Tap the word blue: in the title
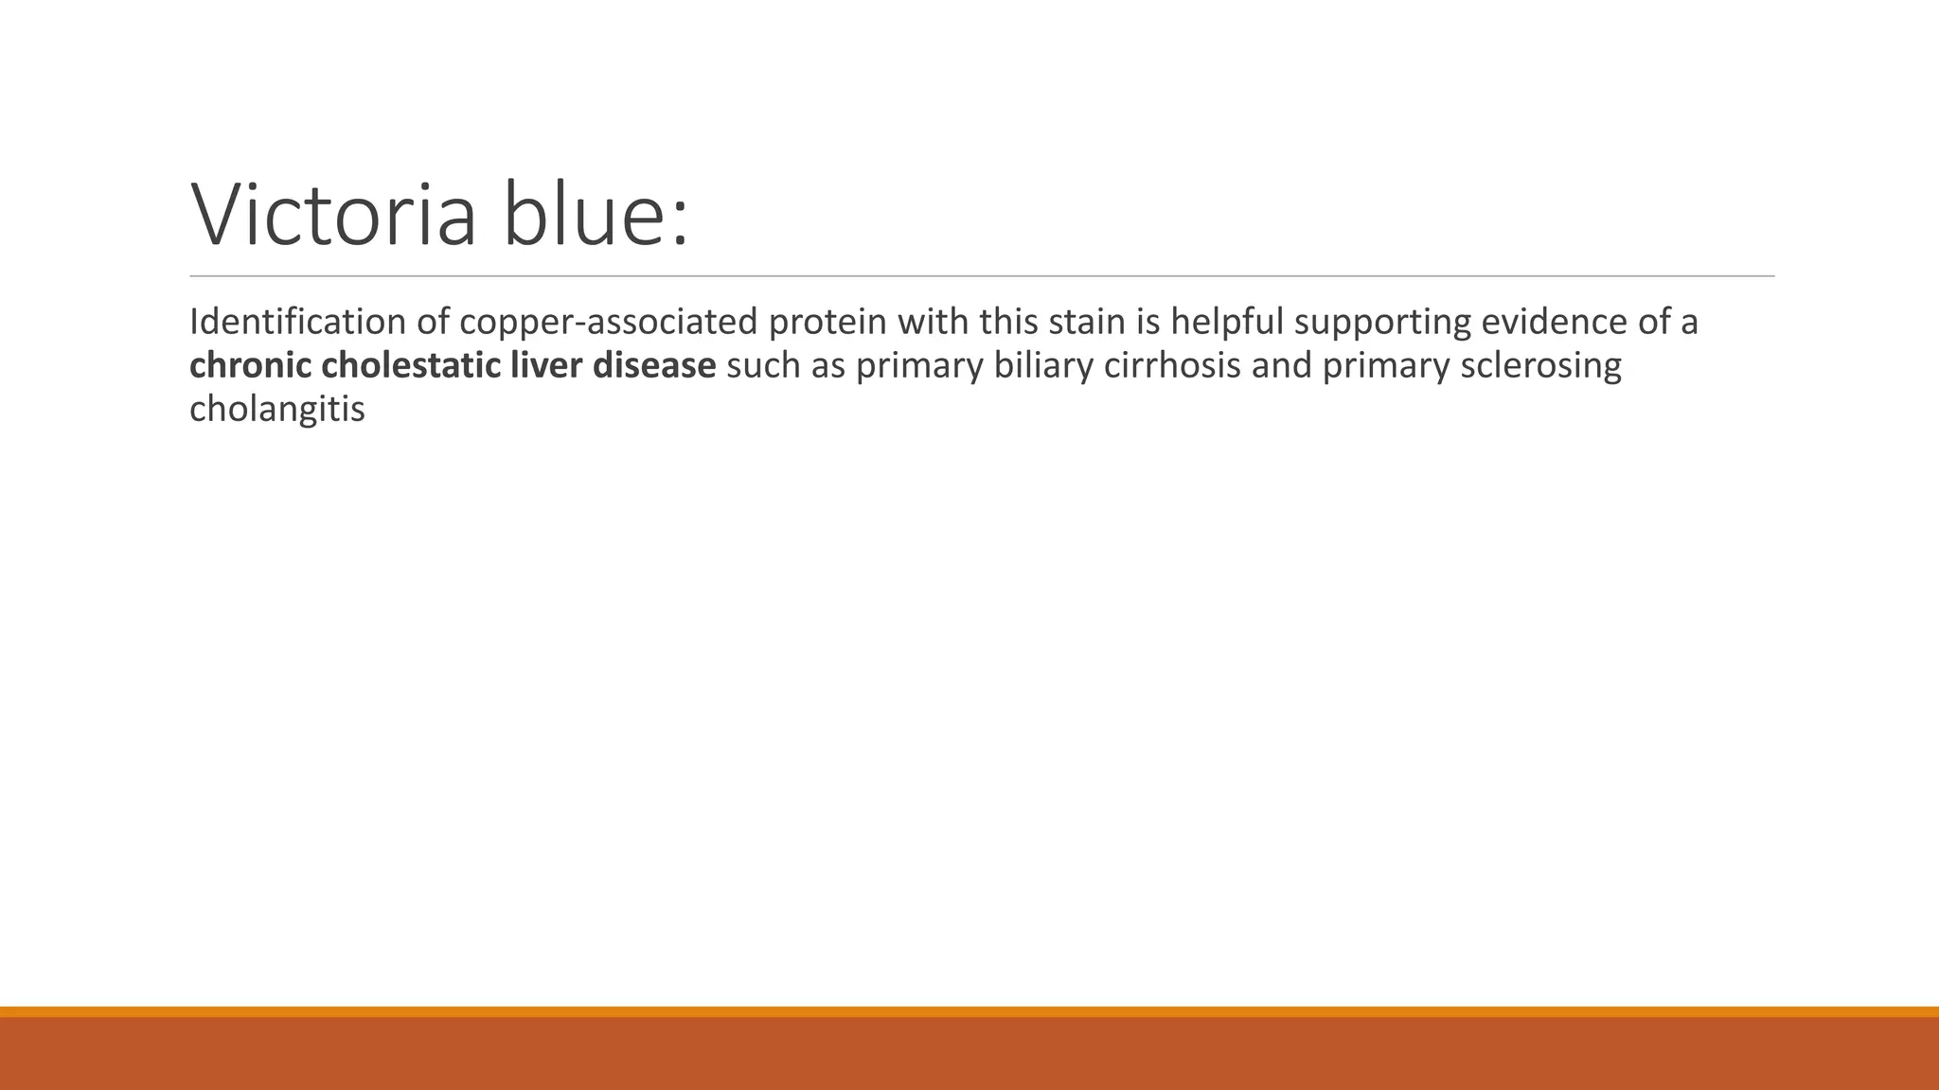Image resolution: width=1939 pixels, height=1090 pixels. (596, 216)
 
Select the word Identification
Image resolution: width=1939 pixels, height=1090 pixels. (298, 323)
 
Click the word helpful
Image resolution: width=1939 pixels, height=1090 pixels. (1227, 323)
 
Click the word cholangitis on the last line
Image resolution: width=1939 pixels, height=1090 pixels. (276, 410)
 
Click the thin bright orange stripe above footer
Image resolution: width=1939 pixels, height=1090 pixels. (969, 1011)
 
